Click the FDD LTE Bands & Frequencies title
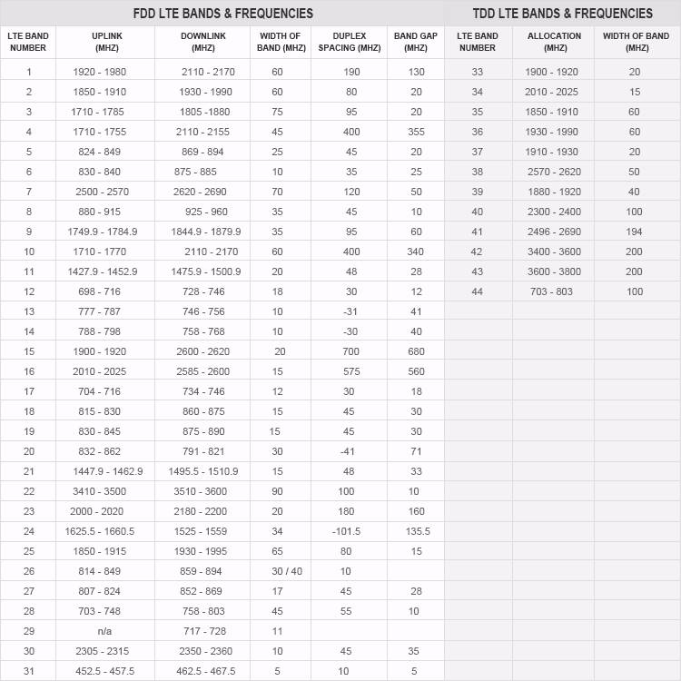[222, 14]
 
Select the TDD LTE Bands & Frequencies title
[563, 14]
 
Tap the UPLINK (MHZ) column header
[105, 42]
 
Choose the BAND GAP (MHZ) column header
[416, 42]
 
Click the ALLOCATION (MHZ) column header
[554, 42]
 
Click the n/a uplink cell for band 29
[104, 631]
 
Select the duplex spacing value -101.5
[346, 531]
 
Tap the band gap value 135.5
[416, 531]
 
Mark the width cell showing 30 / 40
[278, 571]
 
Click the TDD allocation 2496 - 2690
[554, 232]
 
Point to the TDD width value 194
[634, 232]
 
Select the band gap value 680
[416, 351]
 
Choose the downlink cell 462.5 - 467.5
[203, 671]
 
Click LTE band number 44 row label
[478, 291]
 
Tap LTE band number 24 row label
[29, 531]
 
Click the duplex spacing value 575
[346, 371]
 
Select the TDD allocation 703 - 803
[554, 291]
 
